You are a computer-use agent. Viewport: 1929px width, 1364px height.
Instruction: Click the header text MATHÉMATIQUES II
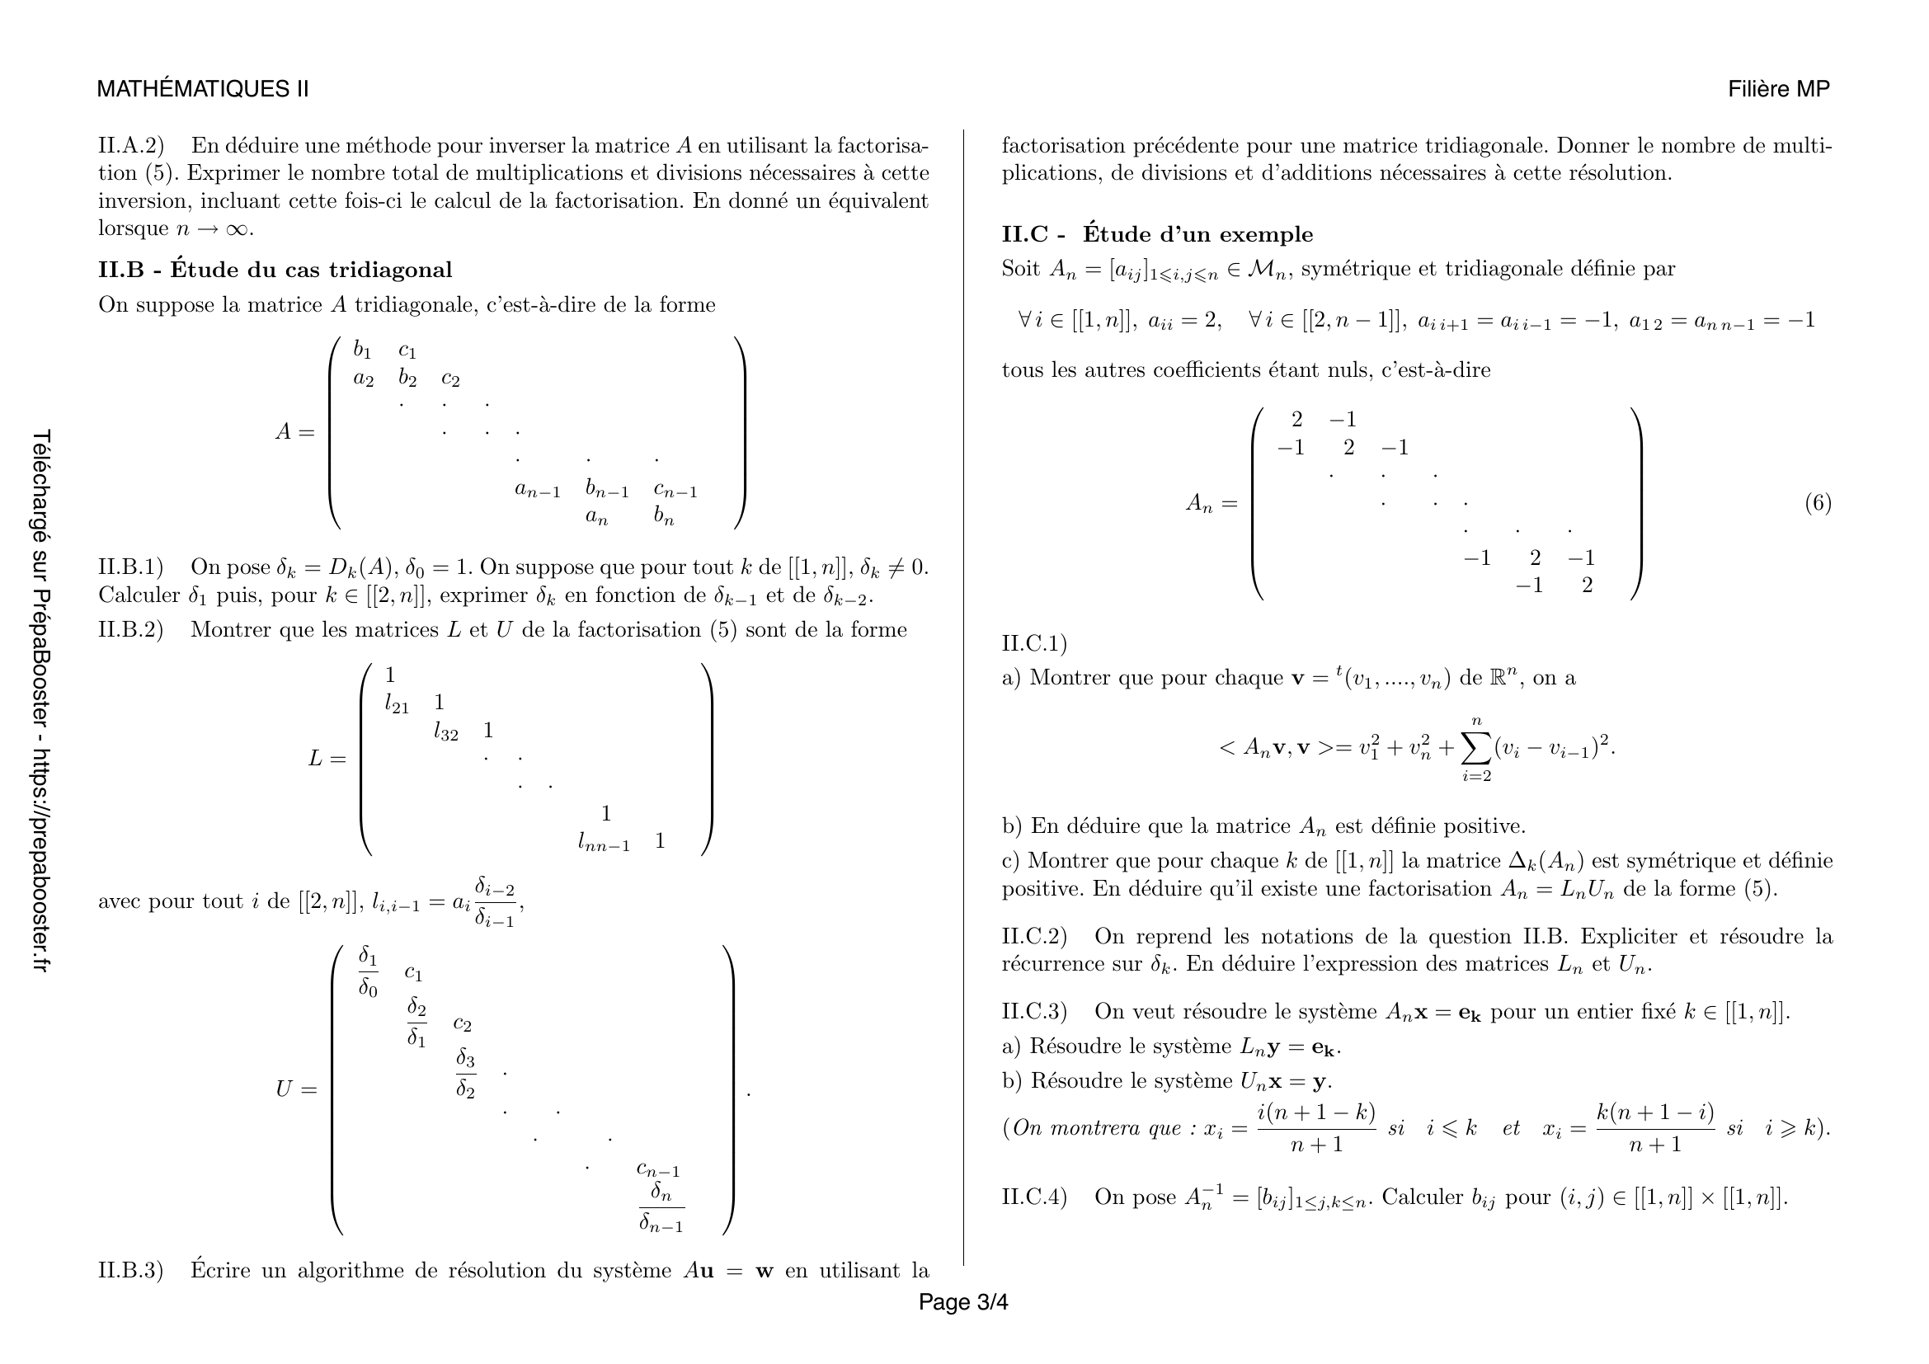203,89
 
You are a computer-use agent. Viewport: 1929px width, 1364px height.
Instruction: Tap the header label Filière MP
1778,89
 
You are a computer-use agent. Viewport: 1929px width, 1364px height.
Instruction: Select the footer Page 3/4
962,1302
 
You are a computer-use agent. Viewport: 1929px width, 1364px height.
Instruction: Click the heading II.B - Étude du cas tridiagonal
275,270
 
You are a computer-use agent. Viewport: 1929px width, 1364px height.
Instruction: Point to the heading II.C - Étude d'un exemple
1157,234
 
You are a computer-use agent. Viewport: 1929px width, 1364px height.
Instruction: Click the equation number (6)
1818,503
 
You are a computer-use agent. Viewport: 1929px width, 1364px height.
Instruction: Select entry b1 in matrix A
362,350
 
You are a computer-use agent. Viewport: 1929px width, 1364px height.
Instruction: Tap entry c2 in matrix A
450,379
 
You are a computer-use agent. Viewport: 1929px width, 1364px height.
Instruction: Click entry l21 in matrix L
397,704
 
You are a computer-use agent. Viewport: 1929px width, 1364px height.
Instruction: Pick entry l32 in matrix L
445,732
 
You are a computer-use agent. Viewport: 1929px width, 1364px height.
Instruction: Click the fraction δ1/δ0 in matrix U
368,971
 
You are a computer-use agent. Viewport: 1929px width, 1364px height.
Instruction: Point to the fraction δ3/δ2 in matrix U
465,1073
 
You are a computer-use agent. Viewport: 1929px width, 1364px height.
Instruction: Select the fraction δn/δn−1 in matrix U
661,1207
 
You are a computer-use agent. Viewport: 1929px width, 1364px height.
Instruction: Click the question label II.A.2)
130,146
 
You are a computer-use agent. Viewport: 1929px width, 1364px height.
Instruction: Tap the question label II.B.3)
130,1270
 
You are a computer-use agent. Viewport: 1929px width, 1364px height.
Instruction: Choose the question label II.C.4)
1033,1197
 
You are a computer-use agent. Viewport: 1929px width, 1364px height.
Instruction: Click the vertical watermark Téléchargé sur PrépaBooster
40,701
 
